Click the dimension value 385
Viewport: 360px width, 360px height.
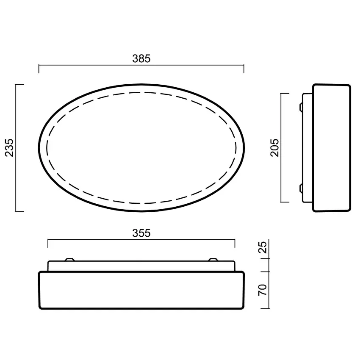coord(141,59)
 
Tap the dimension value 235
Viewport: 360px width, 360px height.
coord(9,147)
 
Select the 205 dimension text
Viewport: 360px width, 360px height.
coord(275,147)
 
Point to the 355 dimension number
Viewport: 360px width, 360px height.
coord(141,233)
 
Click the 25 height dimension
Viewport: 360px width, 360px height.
coord(263,247)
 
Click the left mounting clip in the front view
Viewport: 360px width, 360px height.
coord(69,259)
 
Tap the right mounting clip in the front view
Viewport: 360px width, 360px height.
coord(213,259)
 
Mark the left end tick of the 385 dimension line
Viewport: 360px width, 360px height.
coord(39,69)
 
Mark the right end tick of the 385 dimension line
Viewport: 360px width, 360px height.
coord(244,69)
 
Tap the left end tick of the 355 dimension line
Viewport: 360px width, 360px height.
coord(48,243)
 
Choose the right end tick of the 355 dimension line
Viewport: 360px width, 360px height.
coord(235,243)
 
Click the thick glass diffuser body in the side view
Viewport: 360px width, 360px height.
coord(332,147)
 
